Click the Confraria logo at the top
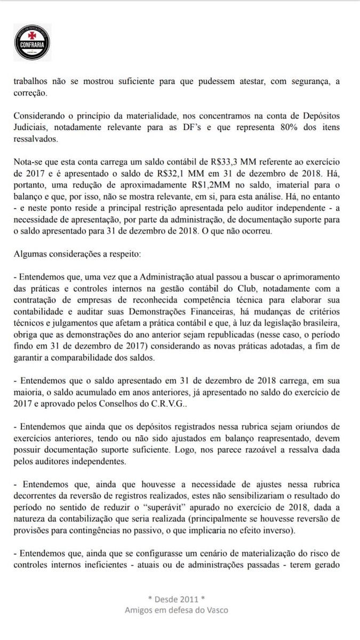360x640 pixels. pyautogui.click(x=33, y=42)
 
